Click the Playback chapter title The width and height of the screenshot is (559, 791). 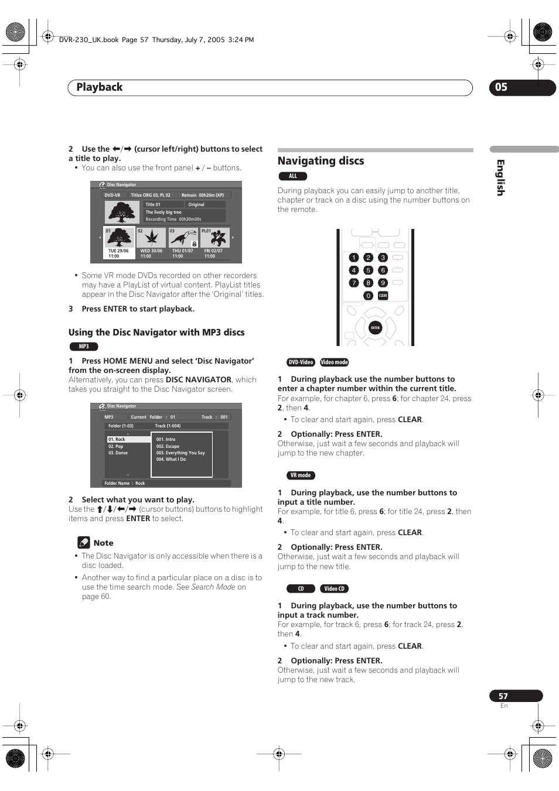tap(100, 87)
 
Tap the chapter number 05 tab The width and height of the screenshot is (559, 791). tap(502, 87)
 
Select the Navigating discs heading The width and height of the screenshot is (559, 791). tap(321, 161)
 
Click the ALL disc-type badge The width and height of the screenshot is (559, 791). tap(292, 176)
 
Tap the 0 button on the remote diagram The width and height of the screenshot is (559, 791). tap(368, 296)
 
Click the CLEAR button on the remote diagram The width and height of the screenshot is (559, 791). tap(383, 296)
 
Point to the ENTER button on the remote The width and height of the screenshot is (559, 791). tap(375, 328)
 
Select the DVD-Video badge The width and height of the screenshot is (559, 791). tap(301, 362)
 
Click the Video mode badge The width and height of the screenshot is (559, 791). tap(334, 362)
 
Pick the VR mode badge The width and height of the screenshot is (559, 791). tap(301, 475)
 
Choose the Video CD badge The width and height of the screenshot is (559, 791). tap(334, 588)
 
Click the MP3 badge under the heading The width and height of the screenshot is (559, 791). tap(84, 347)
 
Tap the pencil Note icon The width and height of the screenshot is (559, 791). tap(84, 543)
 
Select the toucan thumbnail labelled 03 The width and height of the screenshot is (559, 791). tap(183, 238)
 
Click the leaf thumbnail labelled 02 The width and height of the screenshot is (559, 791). tap(151, 238)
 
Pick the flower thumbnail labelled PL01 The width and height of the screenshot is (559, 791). tap(215, 238)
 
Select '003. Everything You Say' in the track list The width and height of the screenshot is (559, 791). tap(180, 453)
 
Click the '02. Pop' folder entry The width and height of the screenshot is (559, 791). tap(116, 446)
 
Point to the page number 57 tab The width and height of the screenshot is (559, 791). tap(503, 696)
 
